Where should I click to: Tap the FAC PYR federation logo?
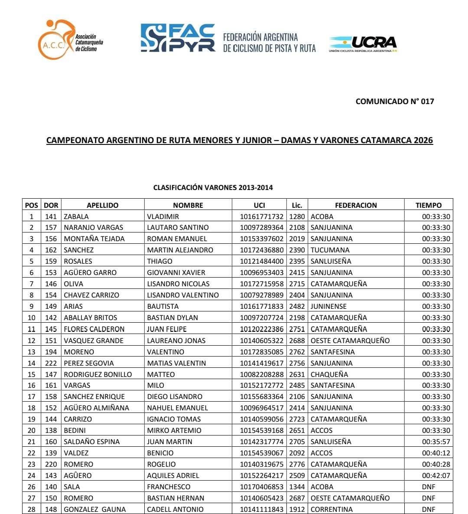click(x=178, y=38)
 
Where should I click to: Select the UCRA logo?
click(x=363, y=44)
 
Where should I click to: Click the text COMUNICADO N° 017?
click(x=394, y=101)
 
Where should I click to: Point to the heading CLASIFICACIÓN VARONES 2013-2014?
click(x=213, y=188)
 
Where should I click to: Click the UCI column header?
click(x=259, y=205)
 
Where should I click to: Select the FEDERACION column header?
click(x=356, y=205)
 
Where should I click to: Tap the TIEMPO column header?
click(x=428, y=205)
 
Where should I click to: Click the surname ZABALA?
click(x=76, y=216)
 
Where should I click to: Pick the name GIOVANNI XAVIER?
click(x=176, y=272)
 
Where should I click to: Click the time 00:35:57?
click(x=436, y=442)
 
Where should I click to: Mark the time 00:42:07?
click(x=436, y=475)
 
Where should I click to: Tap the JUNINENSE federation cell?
click(x=328, y=306)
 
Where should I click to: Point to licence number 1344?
click(x=297, y=487)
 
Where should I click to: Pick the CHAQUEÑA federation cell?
click(x=329, y=374)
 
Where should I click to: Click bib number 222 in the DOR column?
click(x=51, y=363)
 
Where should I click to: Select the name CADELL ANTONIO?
click(x=175, y=509)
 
